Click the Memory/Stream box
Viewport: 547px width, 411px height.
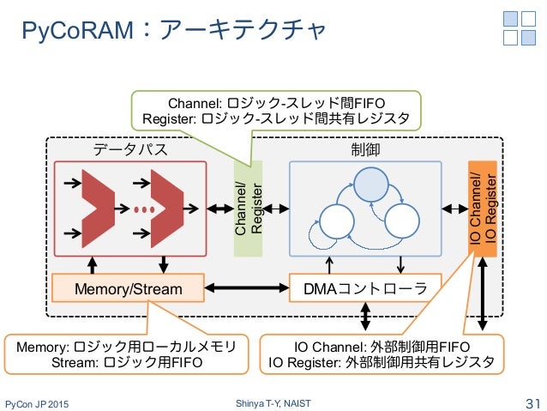128,288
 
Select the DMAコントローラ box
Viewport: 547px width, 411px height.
365,288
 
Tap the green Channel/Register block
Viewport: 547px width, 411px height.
248,209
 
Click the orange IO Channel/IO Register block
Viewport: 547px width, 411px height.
483,209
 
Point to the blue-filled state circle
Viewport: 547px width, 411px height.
371,184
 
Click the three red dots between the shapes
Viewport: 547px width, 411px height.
144,209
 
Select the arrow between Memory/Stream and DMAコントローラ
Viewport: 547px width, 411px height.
247,288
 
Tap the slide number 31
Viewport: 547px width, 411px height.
533,403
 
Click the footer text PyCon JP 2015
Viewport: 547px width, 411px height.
37,404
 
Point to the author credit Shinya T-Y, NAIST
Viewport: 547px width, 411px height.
273,403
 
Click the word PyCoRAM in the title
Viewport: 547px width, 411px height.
77,30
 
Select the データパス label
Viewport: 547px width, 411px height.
130,149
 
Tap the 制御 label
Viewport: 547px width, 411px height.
365,149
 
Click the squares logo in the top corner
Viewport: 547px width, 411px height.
520,28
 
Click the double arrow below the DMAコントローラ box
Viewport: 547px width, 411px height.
365,316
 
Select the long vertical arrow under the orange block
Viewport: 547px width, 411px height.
483,293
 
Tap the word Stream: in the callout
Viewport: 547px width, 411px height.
75,362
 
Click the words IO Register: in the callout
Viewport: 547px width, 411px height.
304,362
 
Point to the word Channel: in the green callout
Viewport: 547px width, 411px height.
195,103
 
